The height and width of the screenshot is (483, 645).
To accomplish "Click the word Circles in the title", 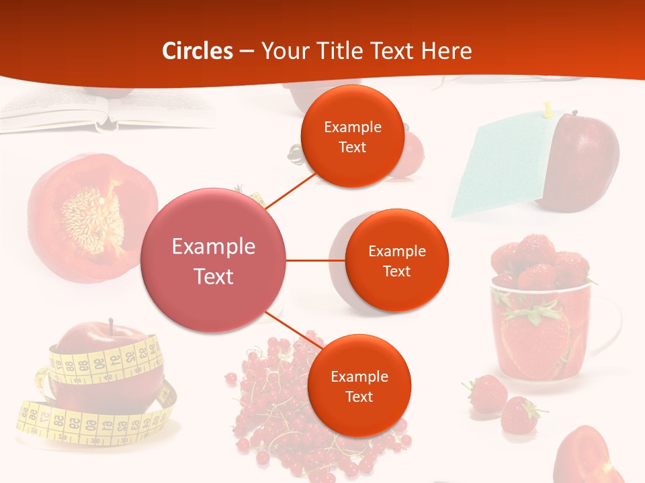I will coord(198,51).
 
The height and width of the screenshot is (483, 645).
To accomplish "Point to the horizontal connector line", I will coord(316,260).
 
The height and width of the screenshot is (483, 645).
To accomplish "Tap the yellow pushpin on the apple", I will coord(548,109).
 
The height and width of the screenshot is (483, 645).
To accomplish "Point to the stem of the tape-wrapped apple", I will coord(111,327).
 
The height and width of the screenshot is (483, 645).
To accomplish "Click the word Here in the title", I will coord(446,51).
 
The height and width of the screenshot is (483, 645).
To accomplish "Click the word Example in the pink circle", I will coord(214,247).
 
